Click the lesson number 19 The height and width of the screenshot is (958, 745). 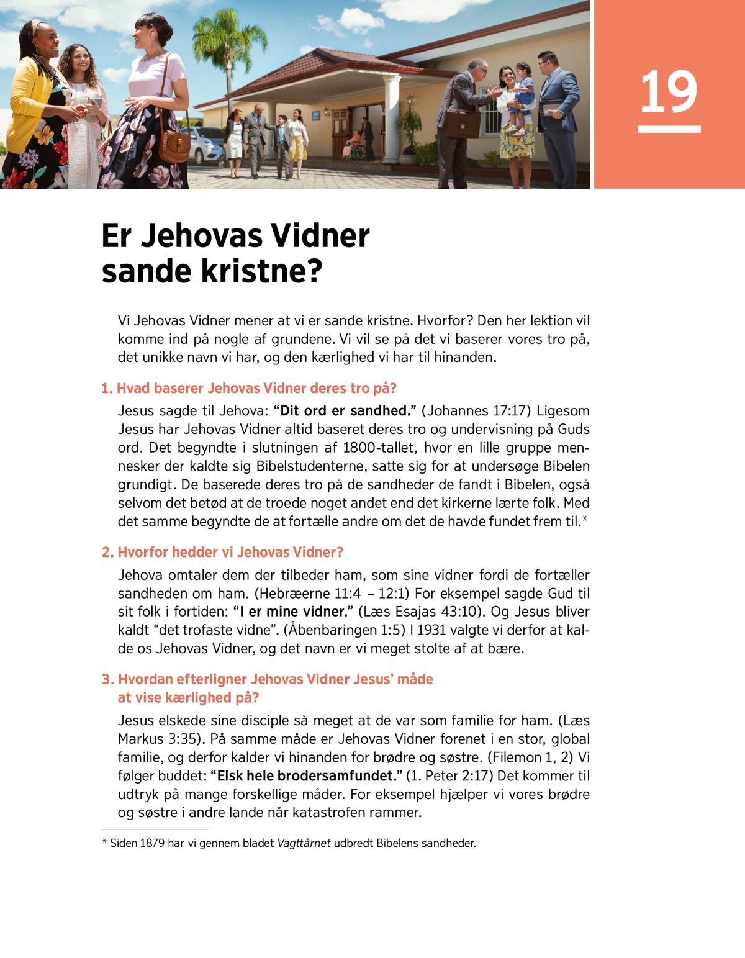[x=669, y=93]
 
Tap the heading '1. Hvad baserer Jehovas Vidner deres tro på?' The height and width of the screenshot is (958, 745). [x=249, y=389]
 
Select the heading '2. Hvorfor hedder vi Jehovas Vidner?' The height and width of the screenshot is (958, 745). [x=222, y=553]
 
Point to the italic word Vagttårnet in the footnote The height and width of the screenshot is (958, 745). [x=304, y=844]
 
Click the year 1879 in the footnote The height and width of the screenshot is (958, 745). [x=152, y=844]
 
